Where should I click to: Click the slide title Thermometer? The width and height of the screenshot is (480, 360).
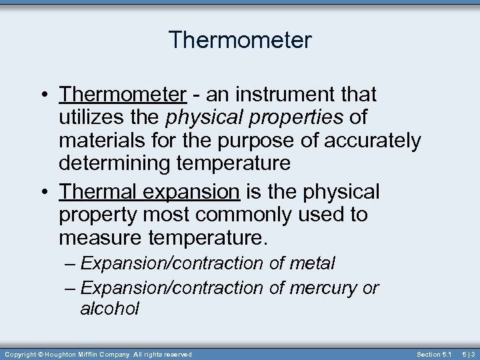[240, 41]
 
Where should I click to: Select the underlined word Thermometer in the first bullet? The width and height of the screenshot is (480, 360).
[123, 95]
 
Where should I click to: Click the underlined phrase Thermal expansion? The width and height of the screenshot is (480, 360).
[149, 192]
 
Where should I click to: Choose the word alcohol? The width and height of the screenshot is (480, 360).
[109, 309]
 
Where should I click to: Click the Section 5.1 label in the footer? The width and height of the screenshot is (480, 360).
[434, 354]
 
